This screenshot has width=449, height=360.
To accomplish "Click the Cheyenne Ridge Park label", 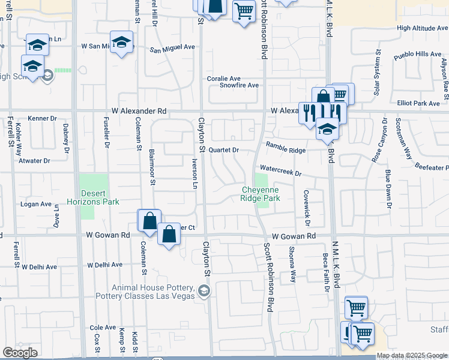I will tap(261, 193).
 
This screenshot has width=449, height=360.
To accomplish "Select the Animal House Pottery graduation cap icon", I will tap(204, 292).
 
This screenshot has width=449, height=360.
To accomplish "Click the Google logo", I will tap(19, 353).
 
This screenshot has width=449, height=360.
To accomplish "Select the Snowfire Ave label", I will tap(239, 85).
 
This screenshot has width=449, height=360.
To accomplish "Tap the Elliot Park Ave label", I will tap(419, 103).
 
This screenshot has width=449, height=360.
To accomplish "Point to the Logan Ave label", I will tap(36, 204).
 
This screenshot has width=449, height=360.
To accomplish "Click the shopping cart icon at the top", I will tap(243, 10).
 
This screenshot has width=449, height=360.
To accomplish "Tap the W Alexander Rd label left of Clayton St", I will tap(139, 111).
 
